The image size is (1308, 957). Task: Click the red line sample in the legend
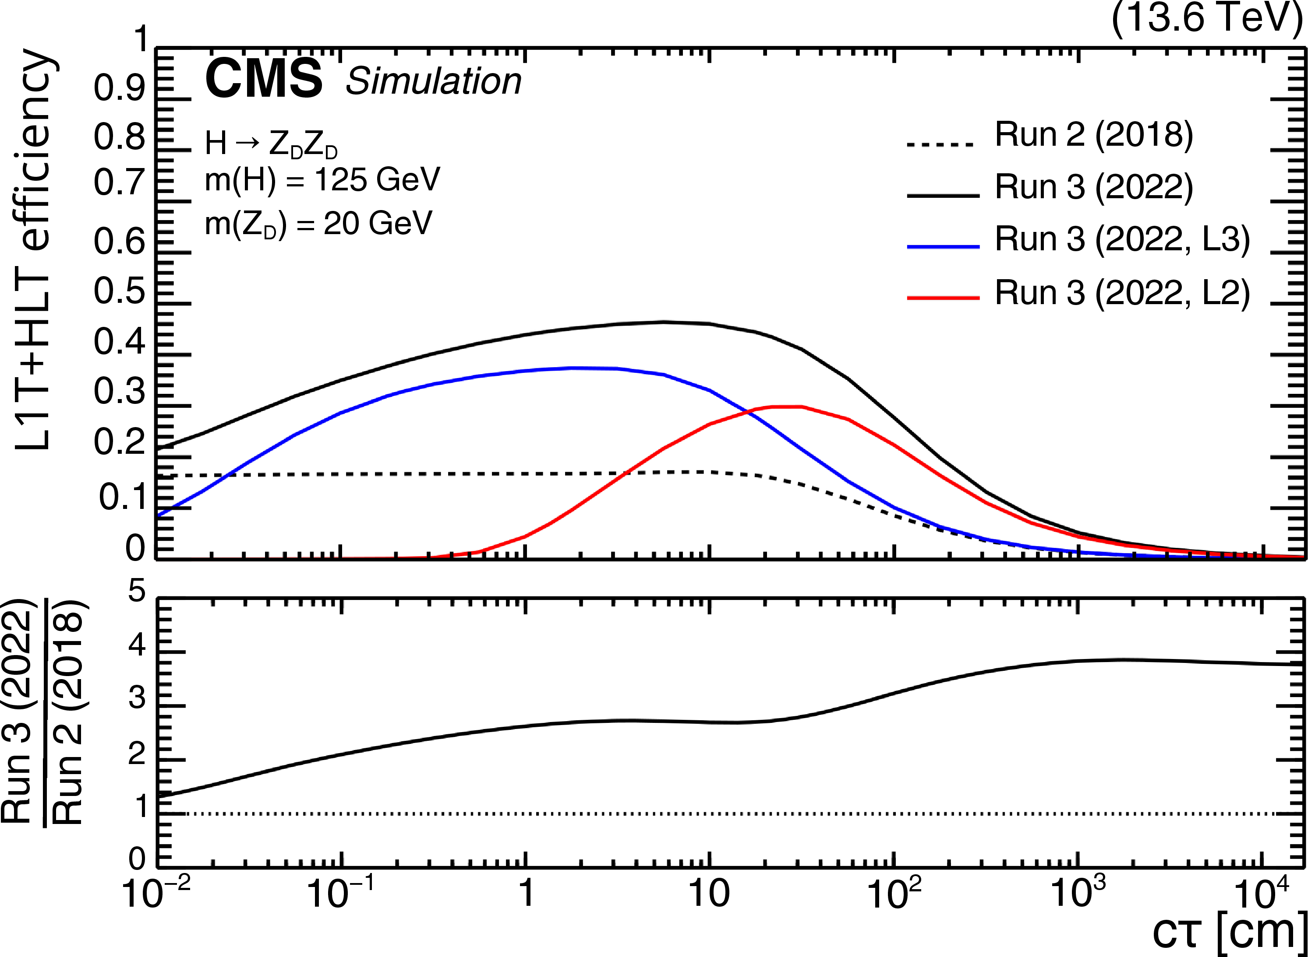coord(943,298)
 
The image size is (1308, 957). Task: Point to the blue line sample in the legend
coord(943,247)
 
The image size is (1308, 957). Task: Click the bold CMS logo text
coord(264,79)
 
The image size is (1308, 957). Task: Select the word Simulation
coord(433,81)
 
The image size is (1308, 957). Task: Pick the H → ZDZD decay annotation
coord(271,144)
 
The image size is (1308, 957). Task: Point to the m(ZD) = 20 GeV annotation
coord(318,223)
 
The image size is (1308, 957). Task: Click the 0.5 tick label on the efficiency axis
coord(120,291)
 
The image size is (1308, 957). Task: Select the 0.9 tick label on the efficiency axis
coord(120,88)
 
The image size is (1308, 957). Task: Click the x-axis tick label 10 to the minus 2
coord(149,892)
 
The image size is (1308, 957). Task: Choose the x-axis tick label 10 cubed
coord(1078,892)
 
